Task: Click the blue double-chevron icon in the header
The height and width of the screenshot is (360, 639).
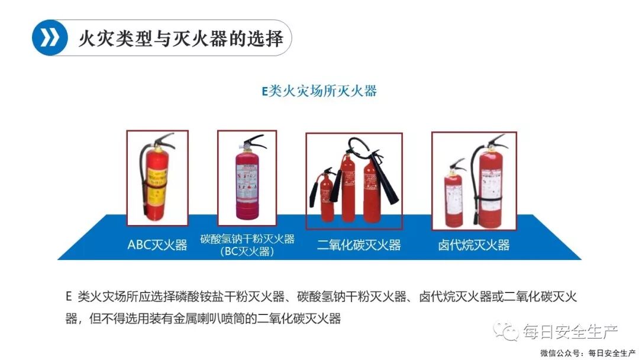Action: (x=50, y=38)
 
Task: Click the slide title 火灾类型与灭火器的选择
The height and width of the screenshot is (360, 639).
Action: (x=180, y=38)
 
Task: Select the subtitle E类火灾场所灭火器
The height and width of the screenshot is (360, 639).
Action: (x=319, y=91)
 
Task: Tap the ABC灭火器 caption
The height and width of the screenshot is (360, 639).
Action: (x=157, y=245)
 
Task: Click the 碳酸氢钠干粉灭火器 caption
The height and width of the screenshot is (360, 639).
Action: (x=247, y=239)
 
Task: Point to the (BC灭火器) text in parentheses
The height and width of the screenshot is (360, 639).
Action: (x=247, y=252)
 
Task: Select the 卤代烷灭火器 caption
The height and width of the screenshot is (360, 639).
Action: (x=473, y=245)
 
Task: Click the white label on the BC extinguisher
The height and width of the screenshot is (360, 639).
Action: (x=246, y=181)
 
